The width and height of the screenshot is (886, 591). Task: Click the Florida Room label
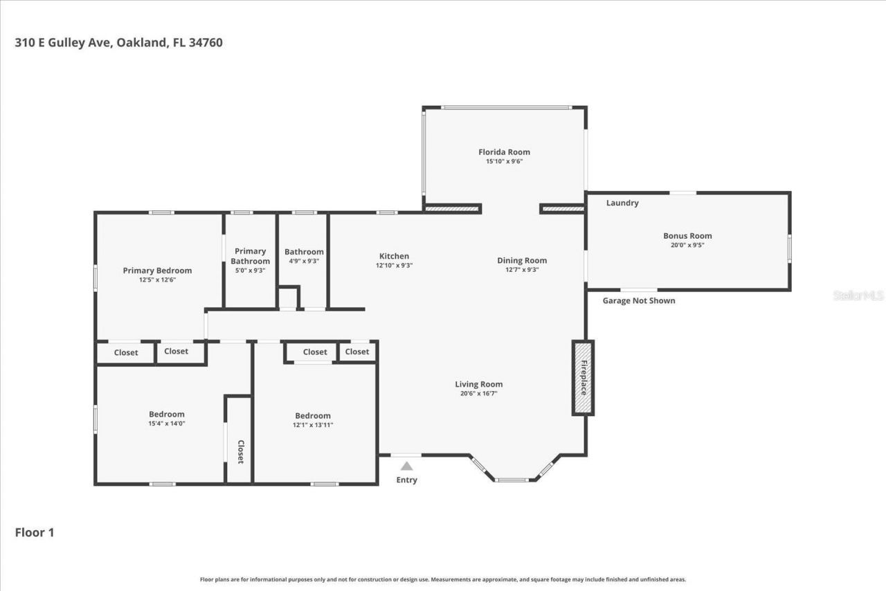(x=504, y=152)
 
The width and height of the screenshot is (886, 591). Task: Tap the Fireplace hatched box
(x=583, y=378)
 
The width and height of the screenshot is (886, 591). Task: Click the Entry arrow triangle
(x=406, y=466)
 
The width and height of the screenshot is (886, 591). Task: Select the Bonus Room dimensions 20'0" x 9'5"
(x=687, y=245)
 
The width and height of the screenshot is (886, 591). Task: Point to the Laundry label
(x=622, y=203)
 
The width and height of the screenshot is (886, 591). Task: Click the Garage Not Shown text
(x=638, y=301)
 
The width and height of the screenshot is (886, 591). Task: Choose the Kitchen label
(x=394, y=256)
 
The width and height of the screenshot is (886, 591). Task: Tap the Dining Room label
(x=522, y=261)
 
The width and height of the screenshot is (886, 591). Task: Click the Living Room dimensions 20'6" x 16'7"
(x=478, y=393)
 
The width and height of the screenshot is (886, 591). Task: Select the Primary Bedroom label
(x=157, y=271)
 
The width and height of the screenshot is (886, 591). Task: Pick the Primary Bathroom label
(x=250, y=256)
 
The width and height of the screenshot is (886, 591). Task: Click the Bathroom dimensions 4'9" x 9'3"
(x=304, y=261)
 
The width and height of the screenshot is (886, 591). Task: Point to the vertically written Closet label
(x=241, y=451)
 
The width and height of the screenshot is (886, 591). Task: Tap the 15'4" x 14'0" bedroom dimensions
(x=167, y=423)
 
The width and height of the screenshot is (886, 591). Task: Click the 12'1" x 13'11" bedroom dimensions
(x=313, y=425)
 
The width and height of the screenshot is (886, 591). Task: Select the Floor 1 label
(x=35, y=533)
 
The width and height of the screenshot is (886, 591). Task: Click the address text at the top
(x=119, y=43)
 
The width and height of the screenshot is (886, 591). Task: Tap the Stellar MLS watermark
(x=858, y=295)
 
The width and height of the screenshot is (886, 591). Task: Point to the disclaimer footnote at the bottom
(x=443, y=579)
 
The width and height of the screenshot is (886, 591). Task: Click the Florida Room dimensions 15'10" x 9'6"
(x=504, y=161)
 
